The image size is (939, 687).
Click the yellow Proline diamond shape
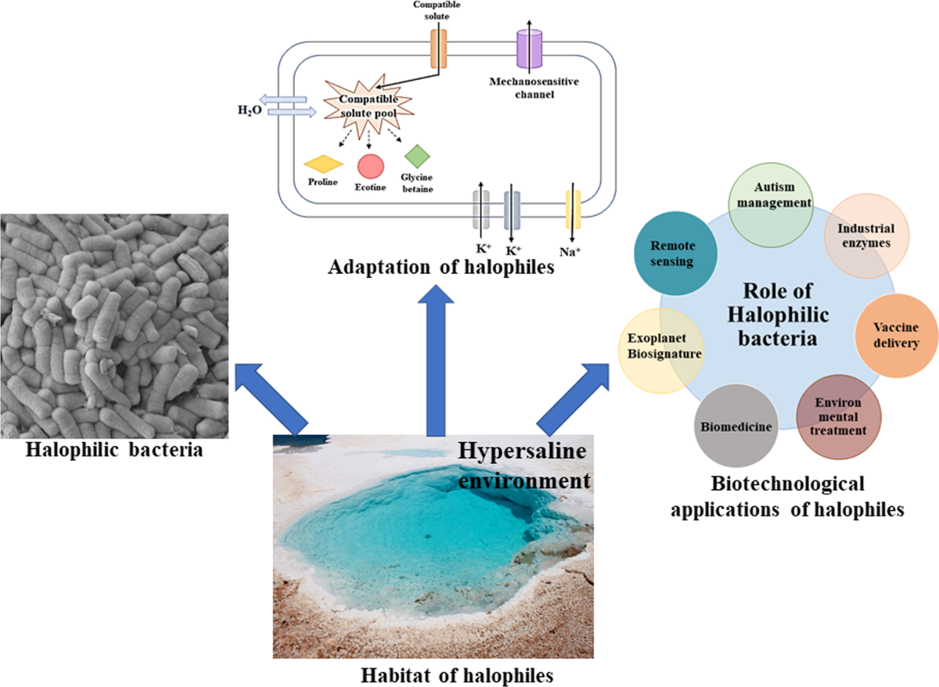point(322,164)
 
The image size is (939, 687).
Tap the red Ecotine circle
point(370,166)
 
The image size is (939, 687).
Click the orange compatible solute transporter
point(438,49)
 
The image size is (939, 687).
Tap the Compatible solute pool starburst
point(368,106)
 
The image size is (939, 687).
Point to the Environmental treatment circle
point(837,415)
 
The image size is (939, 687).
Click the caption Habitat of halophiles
point(437,673)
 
